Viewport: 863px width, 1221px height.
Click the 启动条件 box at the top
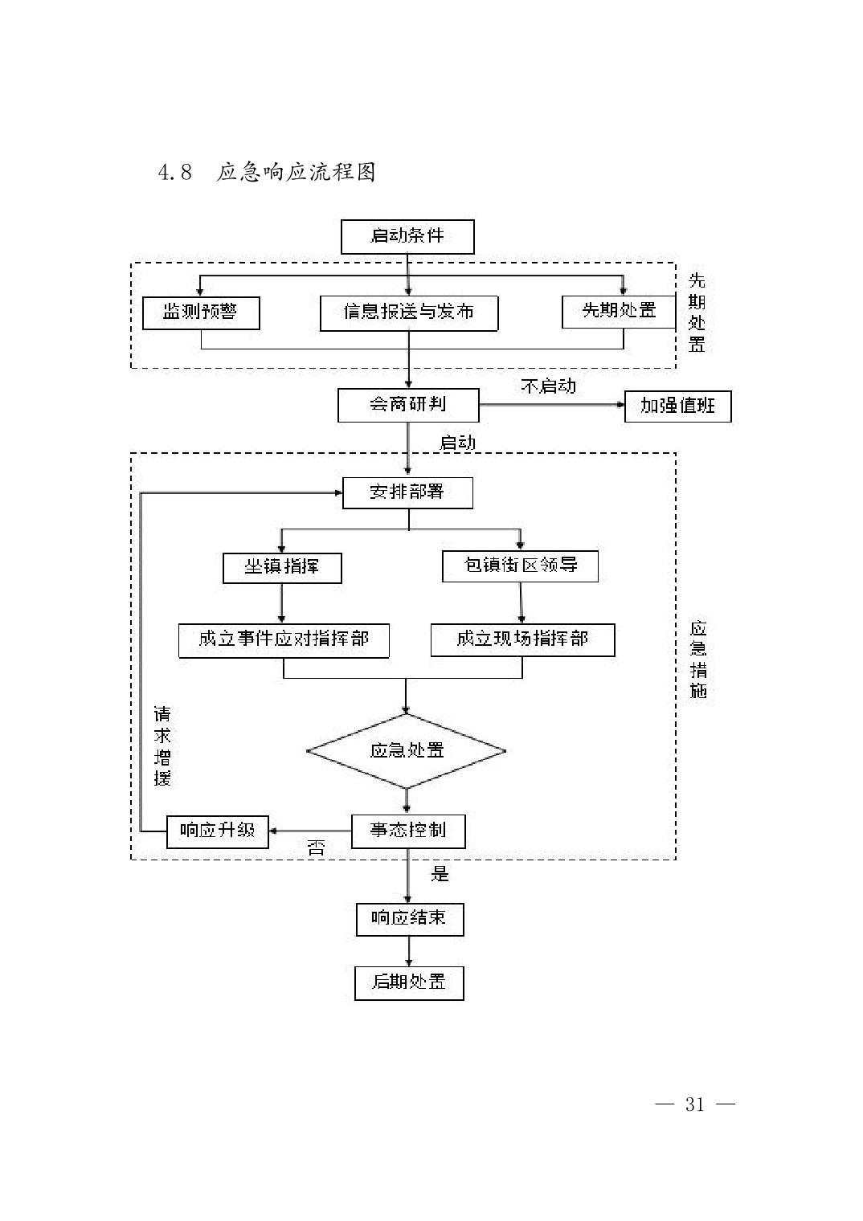[x=407, y=236]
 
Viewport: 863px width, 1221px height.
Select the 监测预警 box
[x=201, y=312]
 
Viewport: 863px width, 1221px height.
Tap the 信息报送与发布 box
[x=408, y=312]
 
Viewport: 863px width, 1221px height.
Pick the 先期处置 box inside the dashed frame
[x=618, y=311]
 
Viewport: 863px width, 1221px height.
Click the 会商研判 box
[x=407, y=405]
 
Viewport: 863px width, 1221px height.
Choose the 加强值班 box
[x=677, y=406]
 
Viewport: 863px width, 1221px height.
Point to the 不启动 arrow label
[x=548, y=386]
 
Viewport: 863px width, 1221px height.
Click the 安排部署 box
[x=407, y=492]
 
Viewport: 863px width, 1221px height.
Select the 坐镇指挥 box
[x=281, y=567]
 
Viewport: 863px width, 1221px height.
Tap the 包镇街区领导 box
[x=520, y=566]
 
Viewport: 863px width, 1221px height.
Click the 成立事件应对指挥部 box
[x=284, y=640]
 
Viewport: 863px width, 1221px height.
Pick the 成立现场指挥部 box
[x=522, y=639]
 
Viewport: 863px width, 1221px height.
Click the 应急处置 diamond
[x=407, y=751]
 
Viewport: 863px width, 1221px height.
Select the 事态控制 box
[x=408, y=831]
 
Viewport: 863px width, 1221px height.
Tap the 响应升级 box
[x=217, y=831]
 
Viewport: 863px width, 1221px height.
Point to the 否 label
[x=316, y=848]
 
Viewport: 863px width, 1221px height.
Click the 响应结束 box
[x=410, y=918]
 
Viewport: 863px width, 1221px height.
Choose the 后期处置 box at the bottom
[x=409, y=982]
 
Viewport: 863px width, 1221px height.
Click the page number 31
[x=694, y=1105]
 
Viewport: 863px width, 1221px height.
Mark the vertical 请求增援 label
[x=162, y=746]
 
